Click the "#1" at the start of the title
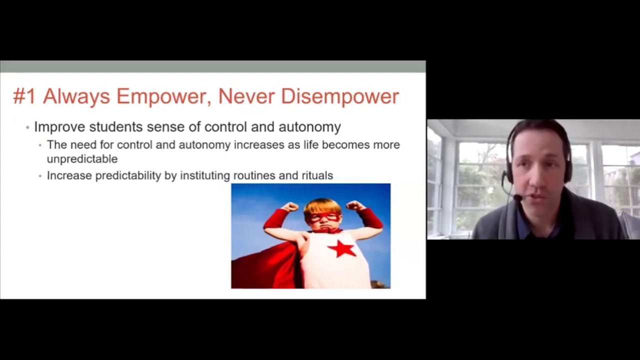click(24, 96)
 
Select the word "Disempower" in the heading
click(340, 96)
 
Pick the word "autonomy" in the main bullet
click(309, 127)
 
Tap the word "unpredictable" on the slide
click(82, 159)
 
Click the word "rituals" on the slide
click(317, 175)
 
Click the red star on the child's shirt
click(342, 248)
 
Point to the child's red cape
click(265, 265)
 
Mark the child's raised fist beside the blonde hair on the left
click(289, 206)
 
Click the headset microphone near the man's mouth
click(517, 198)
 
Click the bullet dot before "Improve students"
click(28, 127)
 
